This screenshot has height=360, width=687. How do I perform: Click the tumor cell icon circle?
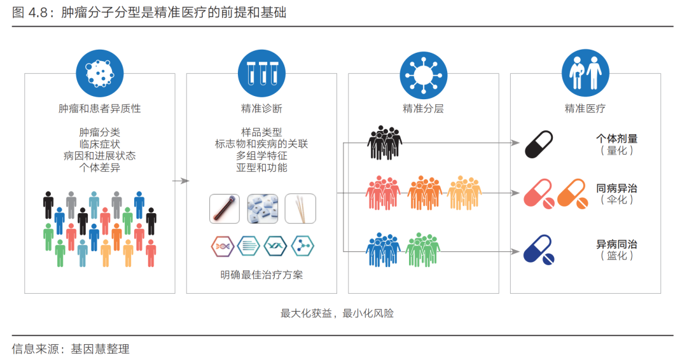[100, 73]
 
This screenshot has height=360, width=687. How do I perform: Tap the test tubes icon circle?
[261, 73]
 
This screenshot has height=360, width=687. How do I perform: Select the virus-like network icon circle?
[423, 73]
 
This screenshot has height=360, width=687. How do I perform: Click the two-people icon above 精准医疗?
[585, 73]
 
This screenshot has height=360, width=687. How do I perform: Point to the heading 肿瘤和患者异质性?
[100, 109]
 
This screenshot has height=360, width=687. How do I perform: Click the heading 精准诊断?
[261, 109]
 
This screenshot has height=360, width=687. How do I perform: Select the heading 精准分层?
[423, 109]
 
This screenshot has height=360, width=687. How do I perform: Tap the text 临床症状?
[100, 144]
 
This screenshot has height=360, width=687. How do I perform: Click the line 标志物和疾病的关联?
[261, 144]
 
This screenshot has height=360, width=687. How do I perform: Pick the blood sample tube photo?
[225, 209]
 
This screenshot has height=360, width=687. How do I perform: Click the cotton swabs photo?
[300, 209]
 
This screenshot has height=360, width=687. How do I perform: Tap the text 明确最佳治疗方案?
[261, 275]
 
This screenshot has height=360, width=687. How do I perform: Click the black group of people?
[385, 142]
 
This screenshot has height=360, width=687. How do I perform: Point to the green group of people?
[423, 249]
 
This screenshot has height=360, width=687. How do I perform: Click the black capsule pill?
[538, 144]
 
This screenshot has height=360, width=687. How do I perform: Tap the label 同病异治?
[616, 189]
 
